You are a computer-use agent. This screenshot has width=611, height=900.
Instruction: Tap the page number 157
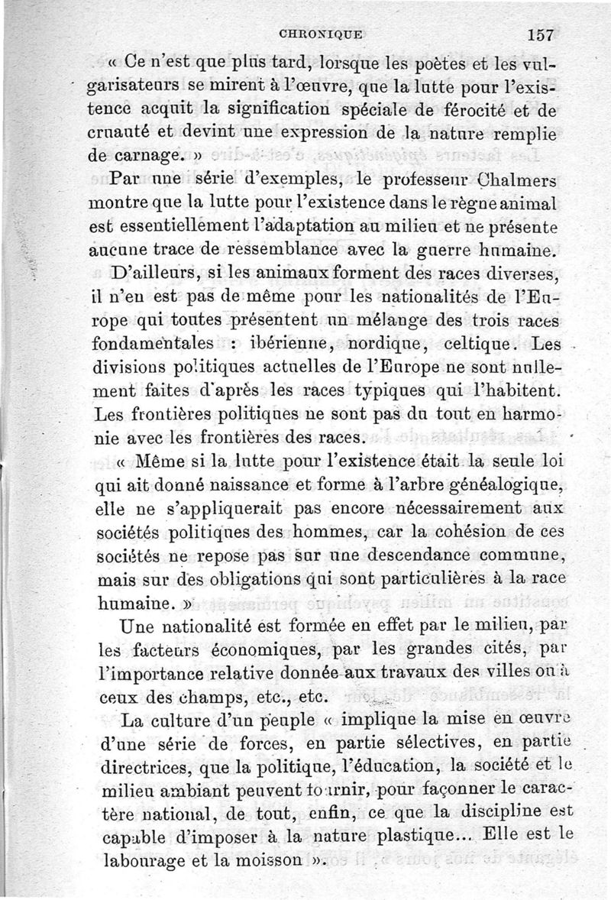click(x=539, y=34)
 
